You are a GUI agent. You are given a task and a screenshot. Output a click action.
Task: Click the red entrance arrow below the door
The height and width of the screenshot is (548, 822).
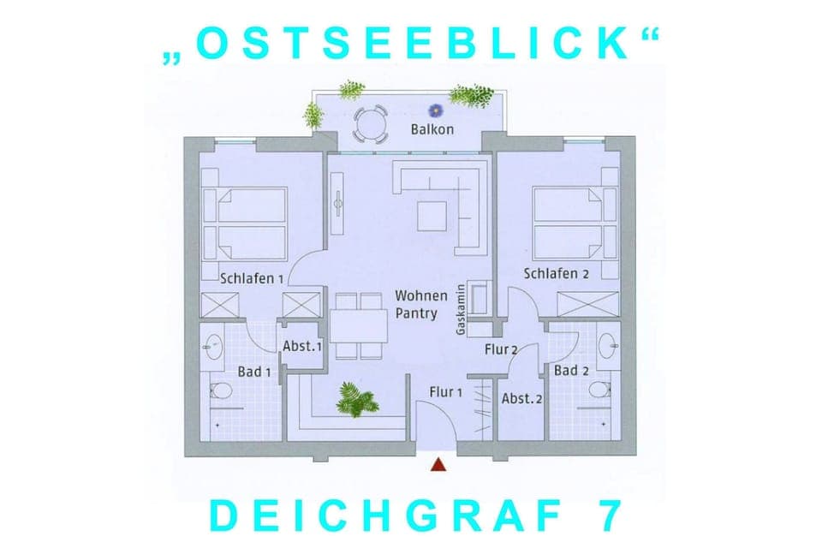pyautogui.click(x=438, y=465)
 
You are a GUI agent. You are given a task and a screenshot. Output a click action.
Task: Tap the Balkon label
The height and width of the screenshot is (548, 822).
pyautogui.click(x=432, y=129)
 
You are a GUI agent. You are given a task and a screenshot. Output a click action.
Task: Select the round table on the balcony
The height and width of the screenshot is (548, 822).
pyautogui.click(x=370, y=125)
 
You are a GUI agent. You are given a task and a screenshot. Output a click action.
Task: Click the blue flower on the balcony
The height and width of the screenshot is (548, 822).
pyautogui.click(x=437, y=109)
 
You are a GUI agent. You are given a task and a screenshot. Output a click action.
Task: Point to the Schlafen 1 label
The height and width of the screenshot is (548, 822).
pyautogui.click(x=252, y=278)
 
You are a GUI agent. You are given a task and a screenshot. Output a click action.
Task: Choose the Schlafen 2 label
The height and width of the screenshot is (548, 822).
pyautogui.click(x=557, y=273)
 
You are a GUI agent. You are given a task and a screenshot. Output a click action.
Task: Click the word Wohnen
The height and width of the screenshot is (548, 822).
pyautogui.click(x=421, y=296)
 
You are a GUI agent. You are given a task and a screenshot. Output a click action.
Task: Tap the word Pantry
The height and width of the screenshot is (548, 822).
pyautogui.click(x=416, y=313)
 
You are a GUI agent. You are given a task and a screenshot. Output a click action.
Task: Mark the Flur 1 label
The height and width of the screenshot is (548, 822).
pyautogui.click(x=445, y=393)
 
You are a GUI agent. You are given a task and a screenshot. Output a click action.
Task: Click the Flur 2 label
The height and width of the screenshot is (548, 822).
pyautogui.click(x=501, y=348)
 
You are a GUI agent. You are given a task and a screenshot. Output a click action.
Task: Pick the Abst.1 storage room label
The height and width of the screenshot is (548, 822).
pyautogui.click(x=302, y=347)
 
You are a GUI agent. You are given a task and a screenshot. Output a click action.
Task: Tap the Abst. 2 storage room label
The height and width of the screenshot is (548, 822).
pyautogui.click(x=522, y=399)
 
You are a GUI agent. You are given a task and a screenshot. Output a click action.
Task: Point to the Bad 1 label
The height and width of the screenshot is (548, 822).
pyautogui.click(x=254, y=372)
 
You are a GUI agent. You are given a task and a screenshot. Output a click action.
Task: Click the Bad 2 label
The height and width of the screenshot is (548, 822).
pyautogui.click(x=571, y=371)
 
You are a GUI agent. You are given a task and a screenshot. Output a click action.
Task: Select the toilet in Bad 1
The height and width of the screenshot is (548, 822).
pyautogui.click(x=219, y=393)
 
